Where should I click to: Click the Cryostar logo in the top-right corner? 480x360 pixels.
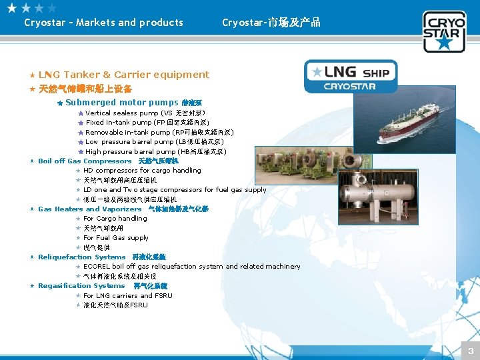pyautogui.click(x=444, y=31)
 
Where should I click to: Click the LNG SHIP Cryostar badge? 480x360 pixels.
pyautogui.click(x=350, y=76)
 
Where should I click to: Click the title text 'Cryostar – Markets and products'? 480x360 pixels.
pyautogui.click(x=103, y=23)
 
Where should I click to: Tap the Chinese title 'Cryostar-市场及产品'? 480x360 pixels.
pyautogui.click(x=271, y=23)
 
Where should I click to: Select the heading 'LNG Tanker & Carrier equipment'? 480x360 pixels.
pyautogui.click(x=123, y=75)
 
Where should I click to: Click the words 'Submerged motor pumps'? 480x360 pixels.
pyautogui.click(x=122, y=103)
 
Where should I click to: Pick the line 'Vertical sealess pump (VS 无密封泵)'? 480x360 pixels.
pyautogui.click(x=145, y=113)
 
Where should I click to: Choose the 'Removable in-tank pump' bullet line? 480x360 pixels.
pyautogui.click(x=159, y=133)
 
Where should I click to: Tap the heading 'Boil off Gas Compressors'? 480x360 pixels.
pyautogui.click(x=85, y=161)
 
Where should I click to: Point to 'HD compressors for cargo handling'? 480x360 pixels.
pyautogui.click(x=142, y=171)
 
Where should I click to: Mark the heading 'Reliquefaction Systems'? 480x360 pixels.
pyautogui.click(x=82, y=257)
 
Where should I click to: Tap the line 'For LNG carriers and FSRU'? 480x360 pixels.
pyautogui.click(x=128, y=295)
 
